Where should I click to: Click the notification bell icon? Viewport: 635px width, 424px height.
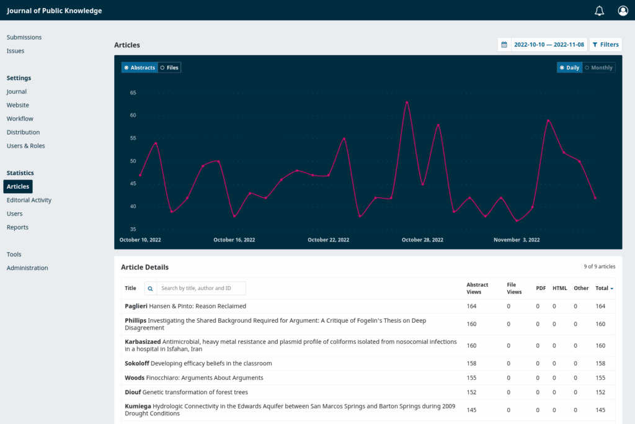599,11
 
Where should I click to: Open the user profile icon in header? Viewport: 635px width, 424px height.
623,11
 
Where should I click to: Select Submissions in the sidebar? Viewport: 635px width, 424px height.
24,37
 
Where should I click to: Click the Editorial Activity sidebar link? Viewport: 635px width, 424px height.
29,200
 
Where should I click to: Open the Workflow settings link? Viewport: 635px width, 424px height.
20,119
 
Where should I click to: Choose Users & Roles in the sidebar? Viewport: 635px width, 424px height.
26,146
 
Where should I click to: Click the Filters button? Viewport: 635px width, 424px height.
605,45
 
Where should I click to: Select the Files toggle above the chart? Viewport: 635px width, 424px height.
169,68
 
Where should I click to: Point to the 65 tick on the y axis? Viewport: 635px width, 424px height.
133,92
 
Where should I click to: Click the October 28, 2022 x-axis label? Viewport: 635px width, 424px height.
422,240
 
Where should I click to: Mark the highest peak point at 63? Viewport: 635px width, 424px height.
407,102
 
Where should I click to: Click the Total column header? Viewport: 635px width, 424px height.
604,288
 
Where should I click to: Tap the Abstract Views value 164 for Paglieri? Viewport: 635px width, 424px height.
472,306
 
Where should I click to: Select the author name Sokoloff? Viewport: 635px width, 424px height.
136,363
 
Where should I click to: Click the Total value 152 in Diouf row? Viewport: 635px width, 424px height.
600,392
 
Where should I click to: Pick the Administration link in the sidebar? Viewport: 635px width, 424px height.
27,268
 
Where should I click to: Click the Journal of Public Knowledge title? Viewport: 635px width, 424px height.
55,11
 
